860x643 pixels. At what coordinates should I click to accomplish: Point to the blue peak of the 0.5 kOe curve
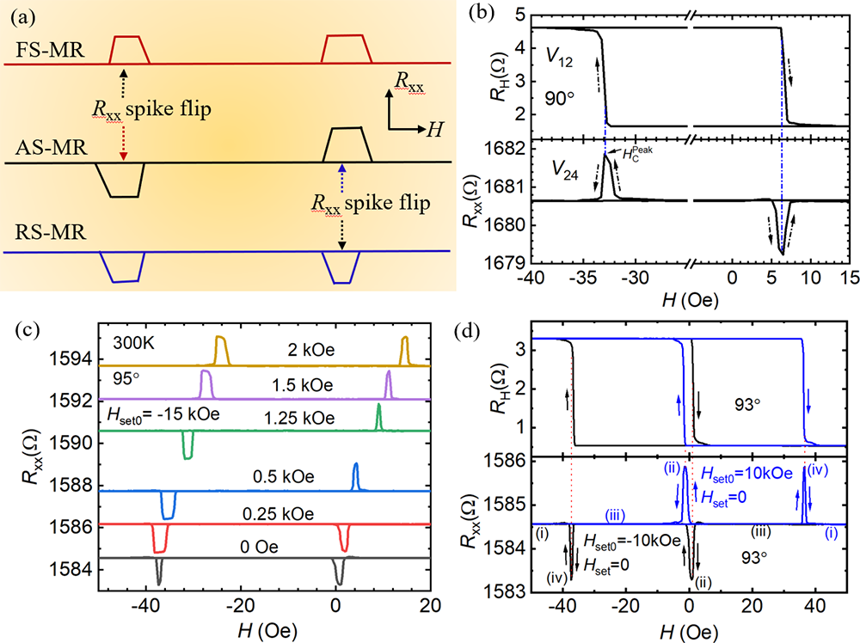[356, 473]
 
